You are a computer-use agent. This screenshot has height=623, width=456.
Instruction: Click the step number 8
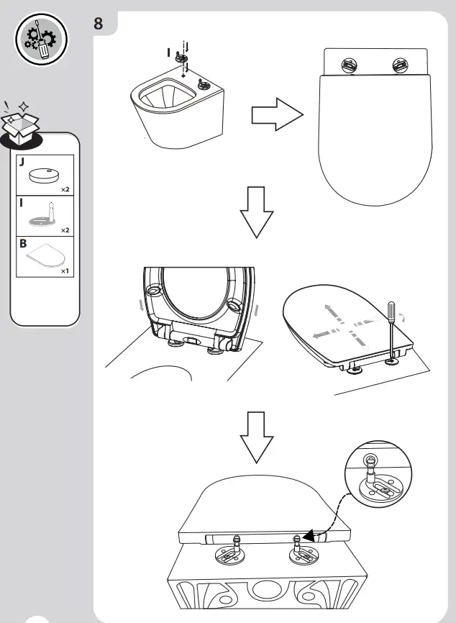pyautogui.click(x=99, y=23)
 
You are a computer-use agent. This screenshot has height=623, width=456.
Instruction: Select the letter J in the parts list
pyautogui.click(x=22, y=163)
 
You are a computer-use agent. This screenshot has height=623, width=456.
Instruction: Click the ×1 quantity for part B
pyautogui.click(x=65, y=271)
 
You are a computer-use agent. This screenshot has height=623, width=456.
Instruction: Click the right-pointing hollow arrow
pyautogui.click(x=276, y=114)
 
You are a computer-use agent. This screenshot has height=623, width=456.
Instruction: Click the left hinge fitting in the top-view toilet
pyautogui.click(x=346, y=66)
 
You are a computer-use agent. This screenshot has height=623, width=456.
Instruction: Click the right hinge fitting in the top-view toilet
pyautogui.click(x=399, y=66)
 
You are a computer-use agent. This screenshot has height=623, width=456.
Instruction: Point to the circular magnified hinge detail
pyautogui.click(x=375, y=474)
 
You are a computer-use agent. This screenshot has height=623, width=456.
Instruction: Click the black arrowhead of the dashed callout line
pyautogui.click(x=308, y=535)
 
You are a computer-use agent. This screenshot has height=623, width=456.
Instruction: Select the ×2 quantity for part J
pyautogui.click(x=65, y=189)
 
